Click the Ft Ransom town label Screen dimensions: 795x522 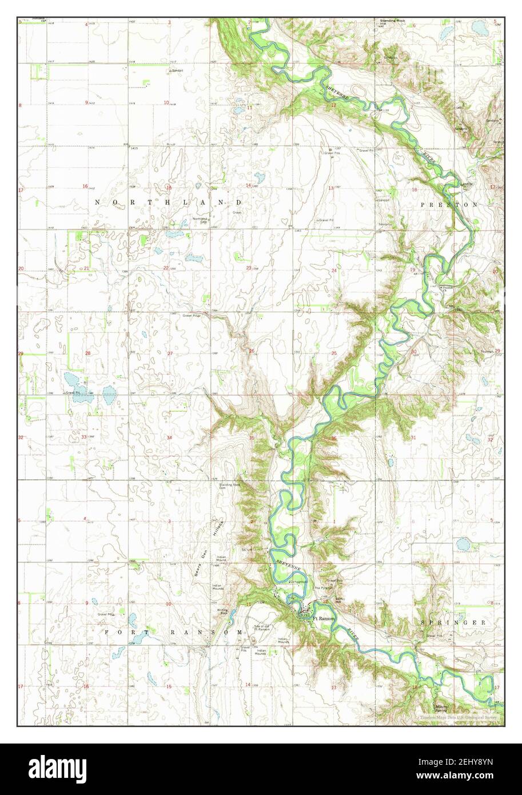point(323,618)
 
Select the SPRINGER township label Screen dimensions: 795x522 point(453,622)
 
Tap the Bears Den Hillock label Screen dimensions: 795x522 point(210,543)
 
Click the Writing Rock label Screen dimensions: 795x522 point(223,611)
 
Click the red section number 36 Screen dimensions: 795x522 point(333,438)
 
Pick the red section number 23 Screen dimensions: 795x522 point(249,268)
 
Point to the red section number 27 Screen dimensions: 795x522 point(169,353)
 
